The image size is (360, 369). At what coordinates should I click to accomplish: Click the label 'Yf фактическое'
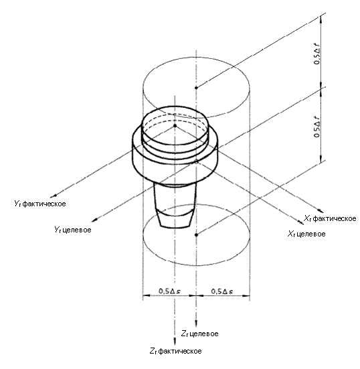40,204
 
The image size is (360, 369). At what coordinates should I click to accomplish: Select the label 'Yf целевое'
73,230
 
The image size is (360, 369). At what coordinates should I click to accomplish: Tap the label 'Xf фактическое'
330,218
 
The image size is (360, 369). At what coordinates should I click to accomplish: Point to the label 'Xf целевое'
306,234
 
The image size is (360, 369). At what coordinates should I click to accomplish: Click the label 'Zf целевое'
199,334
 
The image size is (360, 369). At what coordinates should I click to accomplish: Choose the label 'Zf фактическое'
175,351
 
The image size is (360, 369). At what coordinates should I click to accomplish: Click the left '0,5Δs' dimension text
169,291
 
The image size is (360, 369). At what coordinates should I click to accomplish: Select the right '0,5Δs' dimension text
222,291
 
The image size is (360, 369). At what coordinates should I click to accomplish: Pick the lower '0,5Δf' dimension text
317,127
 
